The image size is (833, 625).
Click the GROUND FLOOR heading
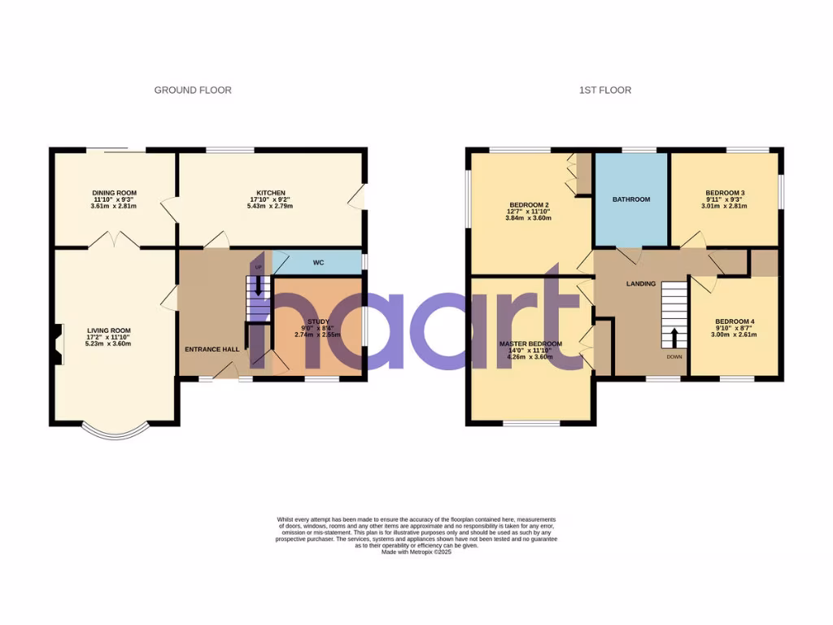click(193, 90)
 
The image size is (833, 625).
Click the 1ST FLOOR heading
click(605, 90)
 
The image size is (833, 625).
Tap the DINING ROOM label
click(114, 193)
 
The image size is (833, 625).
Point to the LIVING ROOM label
click(109, 331)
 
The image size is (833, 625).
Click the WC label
click(318, 263)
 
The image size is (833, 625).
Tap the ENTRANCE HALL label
click(212, 349)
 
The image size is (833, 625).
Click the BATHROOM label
click(631, 199)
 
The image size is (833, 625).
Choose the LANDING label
click(640, 284)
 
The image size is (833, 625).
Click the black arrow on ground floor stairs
click(259, 286)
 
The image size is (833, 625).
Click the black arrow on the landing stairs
click(674, 337)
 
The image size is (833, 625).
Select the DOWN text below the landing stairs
click(674, 356)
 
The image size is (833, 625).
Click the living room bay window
click(117, 432)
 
